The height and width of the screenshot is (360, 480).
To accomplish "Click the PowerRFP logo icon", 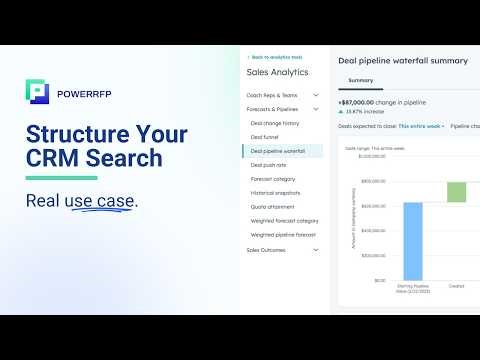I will pos(37,91).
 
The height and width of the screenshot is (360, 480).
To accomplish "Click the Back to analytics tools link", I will pos(277,57).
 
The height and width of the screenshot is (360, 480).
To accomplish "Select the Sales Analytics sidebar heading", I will pos(277,72).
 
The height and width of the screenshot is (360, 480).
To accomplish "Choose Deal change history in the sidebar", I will pos(275,123).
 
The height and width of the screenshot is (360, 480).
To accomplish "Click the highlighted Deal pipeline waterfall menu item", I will pos(286,151).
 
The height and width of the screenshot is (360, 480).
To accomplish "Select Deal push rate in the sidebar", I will pos(269,165).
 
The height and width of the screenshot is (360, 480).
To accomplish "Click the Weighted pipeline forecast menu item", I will pos(283,235).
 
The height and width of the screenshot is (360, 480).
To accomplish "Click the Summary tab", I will pos(360,80).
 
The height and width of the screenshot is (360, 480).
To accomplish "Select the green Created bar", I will pos(456,192).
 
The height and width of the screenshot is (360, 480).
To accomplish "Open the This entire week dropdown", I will pos(421,127).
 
